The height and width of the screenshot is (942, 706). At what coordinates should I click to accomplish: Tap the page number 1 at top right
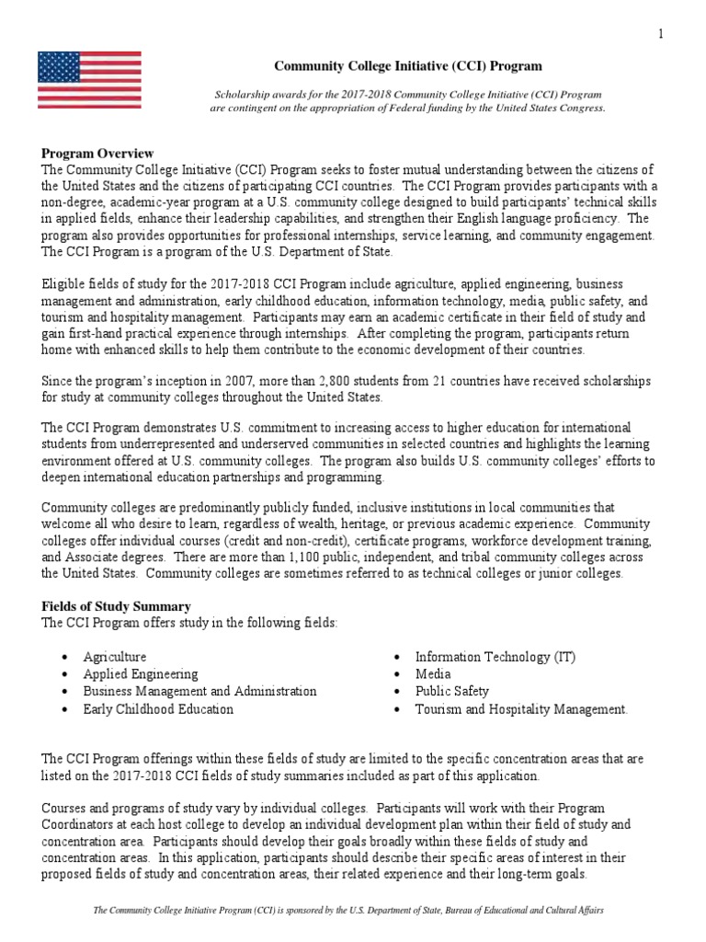tap(660, 35)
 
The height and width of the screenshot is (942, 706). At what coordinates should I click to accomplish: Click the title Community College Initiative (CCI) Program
tap(409, 66)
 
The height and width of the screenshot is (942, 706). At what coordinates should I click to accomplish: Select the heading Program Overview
tap(97, 154)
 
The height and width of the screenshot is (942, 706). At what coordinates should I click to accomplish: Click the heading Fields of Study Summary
tap(116, 606)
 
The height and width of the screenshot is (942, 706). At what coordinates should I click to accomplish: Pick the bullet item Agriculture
tap(114, 657)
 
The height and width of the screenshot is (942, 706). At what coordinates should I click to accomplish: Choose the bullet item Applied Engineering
tap(140, 674)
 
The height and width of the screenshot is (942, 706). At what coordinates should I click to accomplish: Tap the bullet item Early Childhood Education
tap(158, 709)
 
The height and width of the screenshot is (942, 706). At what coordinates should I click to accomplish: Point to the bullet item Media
tap(433, 674)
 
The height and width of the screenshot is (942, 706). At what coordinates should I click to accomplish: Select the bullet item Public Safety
tap(452, 692)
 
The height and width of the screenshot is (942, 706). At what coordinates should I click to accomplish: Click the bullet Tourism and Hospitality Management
tap(521, 709)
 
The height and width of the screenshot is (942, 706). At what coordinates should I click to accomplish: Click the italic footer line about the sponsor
tap(348, 910)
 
